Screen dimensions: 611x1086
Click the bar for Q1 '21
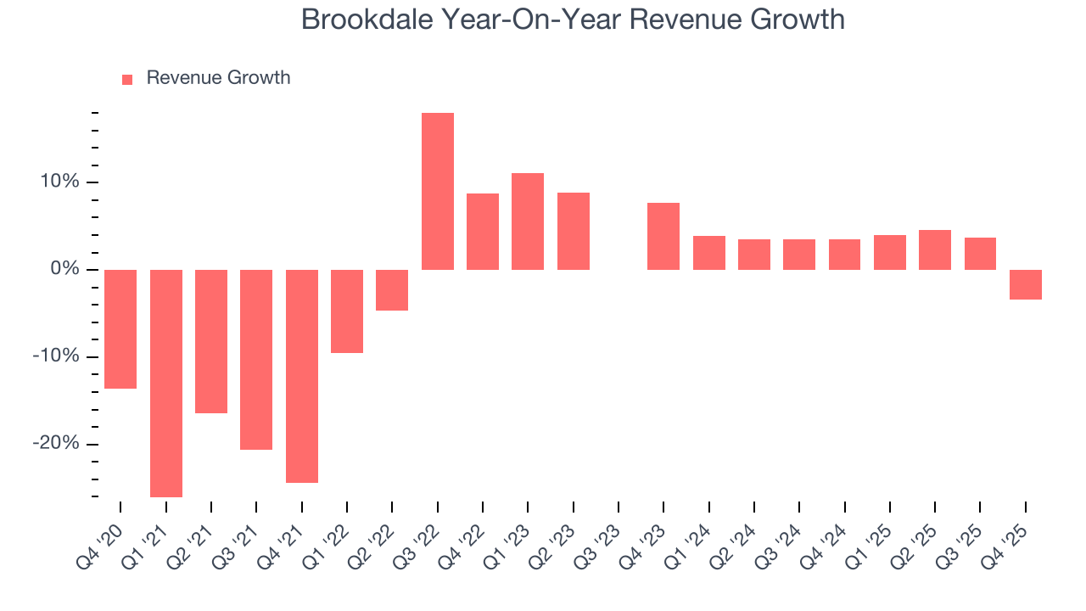coord(165,383)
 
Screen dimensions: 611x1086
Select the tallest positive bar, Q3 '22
coord(437,191)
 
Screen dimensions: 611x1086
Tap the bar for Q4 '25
coord(1025,284)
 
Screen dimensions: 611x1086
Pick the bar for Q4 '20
coord(120,328)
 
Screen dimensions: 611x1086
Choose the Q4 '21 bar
coord(301,376)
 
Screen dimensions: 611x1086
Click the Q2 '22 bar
coord(392,289)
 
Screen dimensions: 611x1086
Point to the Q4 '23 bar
coord(663,236)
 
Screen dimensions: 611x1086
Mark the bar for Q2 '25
coord(935,249)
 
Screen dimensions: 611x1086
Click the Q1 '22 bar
coord(347,311)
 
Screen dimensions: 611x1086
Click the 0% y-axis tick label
coord(64,270)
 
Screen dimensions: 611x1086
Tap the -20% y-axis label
coord(56,444)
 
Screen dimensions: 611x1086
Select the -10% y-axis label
coord(56,356)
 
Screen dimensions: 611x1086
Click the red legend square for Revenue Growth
coord(127,79)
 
